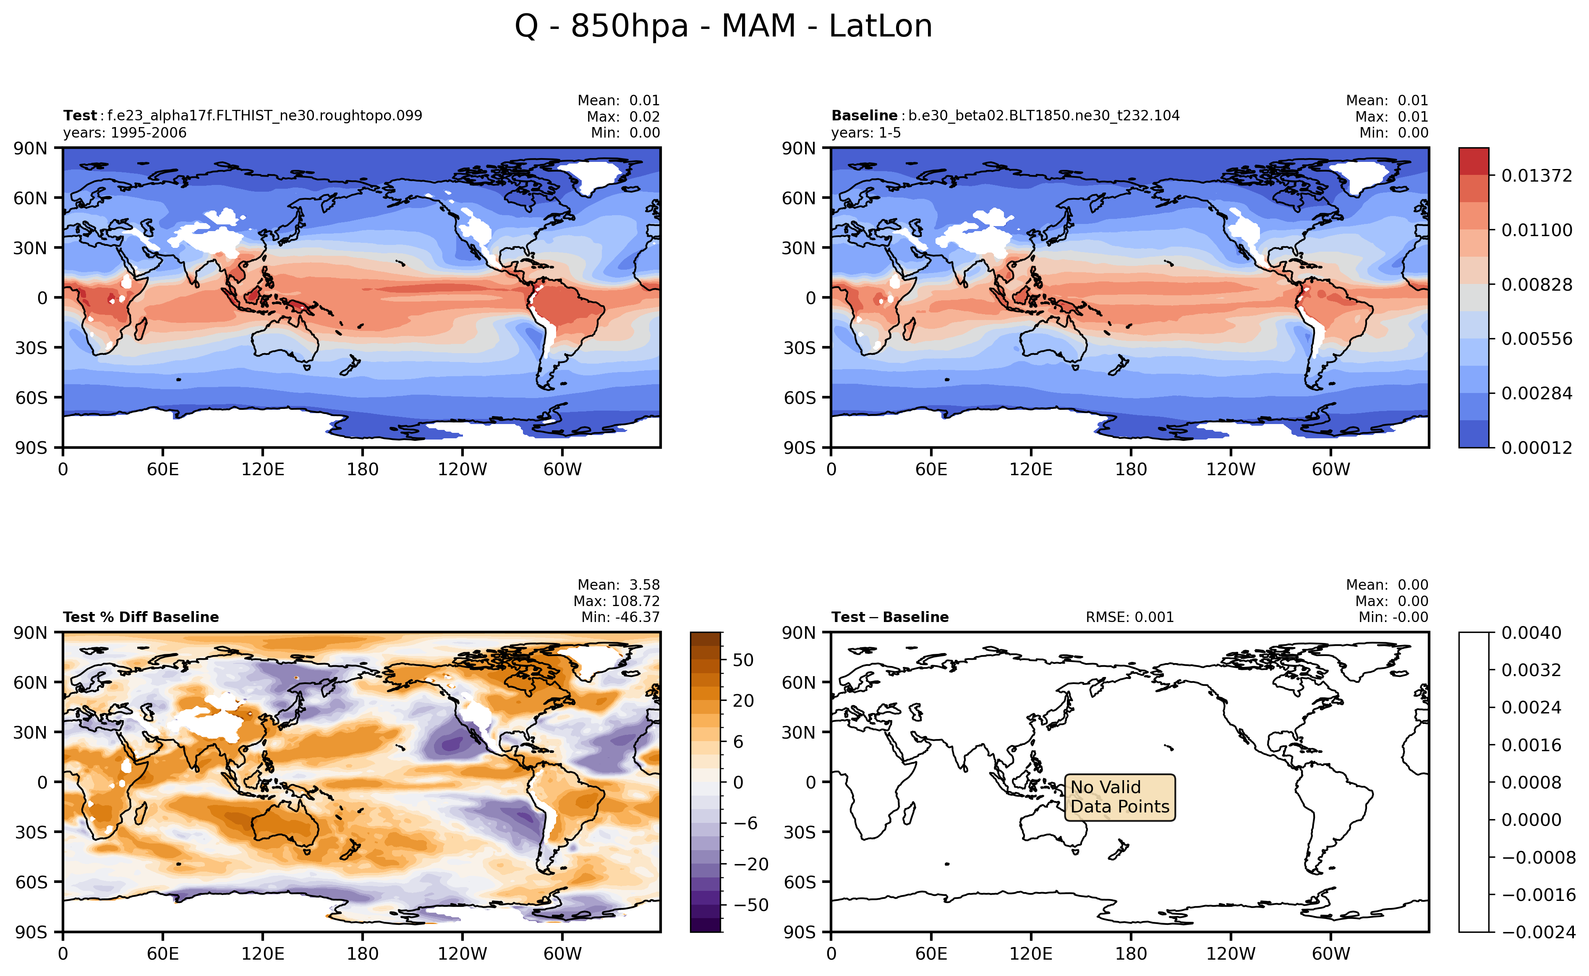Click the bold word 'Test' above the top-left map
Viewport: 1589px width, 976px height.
point(79,115)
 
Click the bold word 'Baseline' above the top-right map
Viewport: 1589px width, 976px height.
point(864,115)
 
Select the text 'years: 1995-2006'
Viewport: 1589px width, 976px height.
point(125,133)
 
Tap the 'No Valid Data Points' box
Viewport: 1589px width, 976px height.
point(1119,797)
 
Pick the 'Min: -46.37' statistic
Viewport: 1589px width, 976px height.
point(620,617)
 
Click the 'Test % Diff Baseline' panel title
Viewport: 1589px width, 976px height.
point(141,617)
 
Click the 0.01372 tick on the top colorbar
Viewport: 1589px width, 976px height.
point(1536,176)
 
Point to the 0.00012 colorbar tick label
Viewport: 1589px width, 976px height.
point(1536,448)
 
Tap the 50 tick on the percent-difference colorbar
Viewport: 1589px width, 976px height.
point(743,660)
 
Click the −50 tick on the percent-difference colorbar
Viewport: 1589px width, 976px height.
point(750,905)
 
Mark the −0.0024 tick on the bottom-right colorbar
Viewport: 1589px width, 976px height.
point(1538,932)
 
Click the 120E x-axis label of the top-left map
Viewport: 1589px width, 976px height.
point(262,469)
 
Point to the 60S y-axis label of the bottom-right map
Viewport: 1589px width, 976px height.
point(799,882)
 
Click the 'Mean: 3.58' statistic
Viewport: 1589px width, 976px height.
point(618,585)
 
